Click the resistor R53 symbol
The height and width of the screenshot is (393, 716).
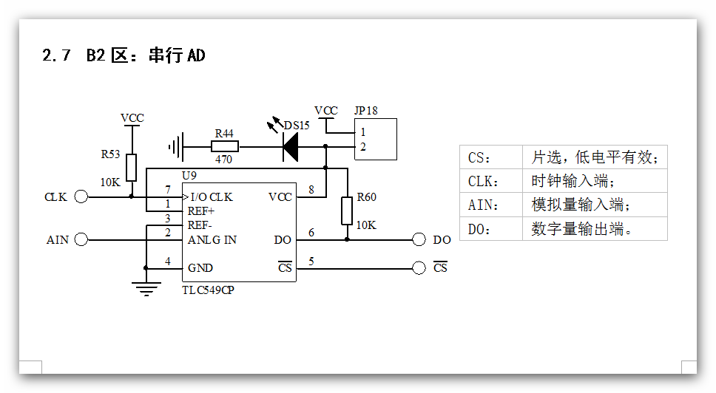click(131, 167)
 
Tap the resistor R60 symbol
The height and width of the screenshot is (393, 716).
click(347, 211)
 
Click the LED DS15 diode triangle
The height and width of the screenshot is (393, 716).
click(290, 147)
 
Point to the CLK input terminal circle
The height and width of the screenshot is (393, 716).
click(81, 196)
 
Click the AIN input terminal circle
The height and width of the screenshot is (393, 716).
click(81, 239)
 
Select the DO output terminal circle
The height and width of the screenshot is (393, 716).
click(419, 239)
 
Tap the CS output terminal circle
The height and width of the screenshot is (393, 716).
click(419, 267)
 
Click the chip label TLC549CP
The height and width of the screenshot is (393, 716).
click(208, 290)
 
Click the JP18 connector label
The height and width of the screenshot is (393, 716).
click(365, 111)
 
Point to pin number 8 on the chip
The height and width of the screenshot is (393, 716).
click(311, 190)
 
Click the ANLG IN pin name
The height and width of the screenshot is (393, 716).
click(212, 240)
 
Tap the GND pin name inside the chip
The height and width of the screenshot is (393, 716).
click(200, 268)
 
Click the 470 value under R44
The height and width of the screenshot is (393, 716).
click(223, 159)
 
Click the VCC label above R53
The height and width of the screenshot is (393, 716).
click(132, 118)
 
